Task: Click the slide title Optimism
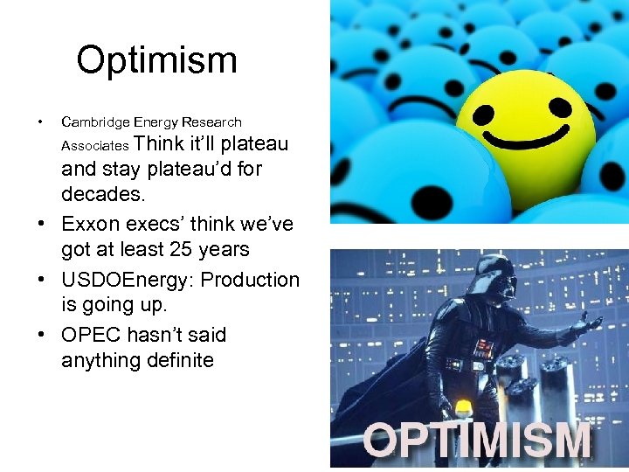(x=156, y=61)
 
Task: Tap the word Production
(x=253, y=280)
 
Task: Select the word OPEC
(x=91, y=335)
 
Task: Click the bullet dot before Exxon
(x=40, y=225)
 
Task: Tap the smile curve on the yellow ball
(x=525, y=138)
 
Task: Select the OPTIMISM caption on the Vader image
(x=477, y=441)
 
